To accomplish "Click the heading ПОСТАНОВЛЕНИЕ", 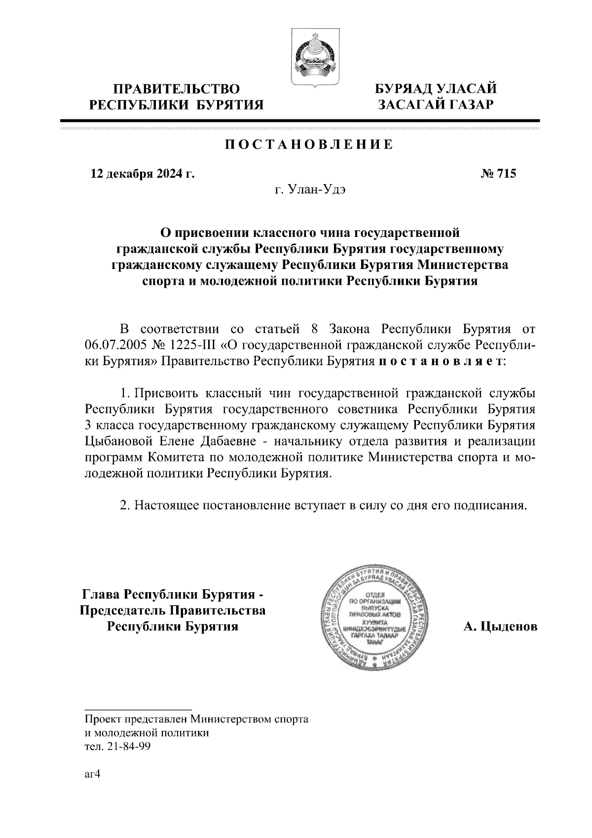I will pyautogui.click(x=309, y=145).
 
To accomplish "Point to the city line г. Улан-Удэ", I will pyautogui.click(x=310, y=190).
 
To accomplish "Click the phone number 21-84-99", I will pyautogui.click(x=130, y=747).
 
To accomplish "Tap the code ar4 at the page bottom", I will pyautogui.click(x=92, y=774).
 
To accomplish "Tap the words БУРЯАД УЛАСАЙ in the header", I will pyautogui.click(x=435, y=89).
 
